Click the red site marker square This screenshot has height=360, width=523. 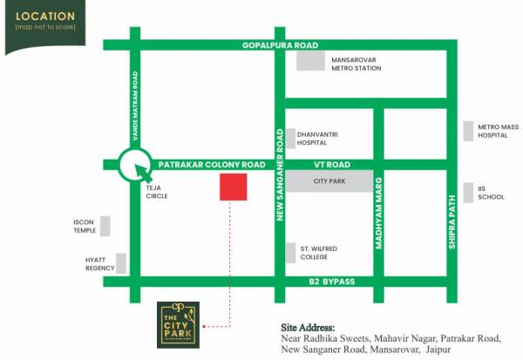pos(232,187)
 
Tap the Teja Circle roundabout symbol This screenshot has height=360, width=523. pos(135,163)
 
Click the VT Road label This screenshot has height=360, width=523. pos(331,164)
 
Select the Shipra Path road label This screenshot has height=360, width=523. pos(452,221)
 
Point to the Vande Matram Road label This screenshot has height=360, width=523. pos(135,95)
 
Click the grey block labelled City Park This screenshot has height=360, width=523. pos(331,182)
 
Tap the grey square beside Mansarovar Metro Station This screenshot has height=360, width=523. pos(310,59)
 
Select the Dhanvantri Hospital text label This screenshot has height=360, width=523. pos(317,137)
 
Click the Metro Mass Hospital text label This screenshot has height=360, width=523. pos(498,132)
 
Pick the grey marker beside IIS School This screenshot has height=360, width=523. pos(469,192)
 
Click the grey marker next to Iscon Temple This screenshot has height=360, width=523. pos(105,226)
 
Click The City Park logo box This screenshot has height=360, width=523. pos(178,323)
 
